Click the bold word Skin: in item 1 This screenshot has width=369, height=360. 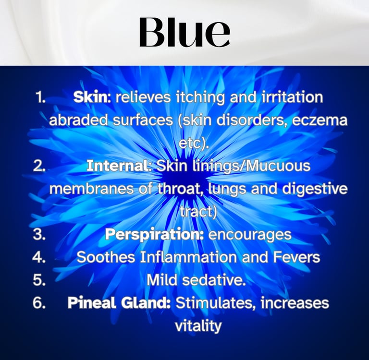point(92,97)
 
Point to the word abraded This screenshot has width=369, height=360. point(77,120)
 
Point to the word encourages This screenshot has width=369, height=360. point(250,234)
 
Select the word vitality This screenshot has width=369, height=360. point(197,326)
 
